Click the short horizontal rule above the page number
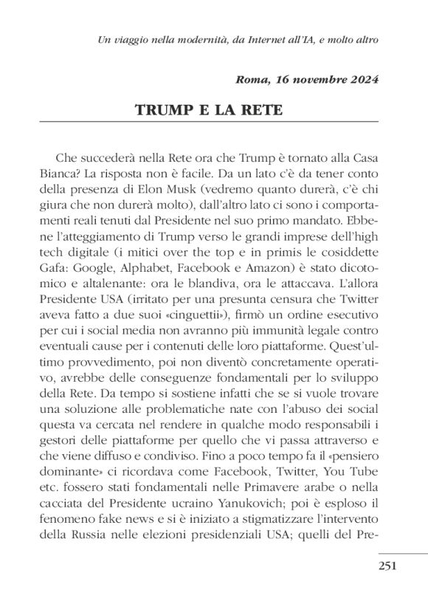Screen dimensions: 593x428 (403, 553)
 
